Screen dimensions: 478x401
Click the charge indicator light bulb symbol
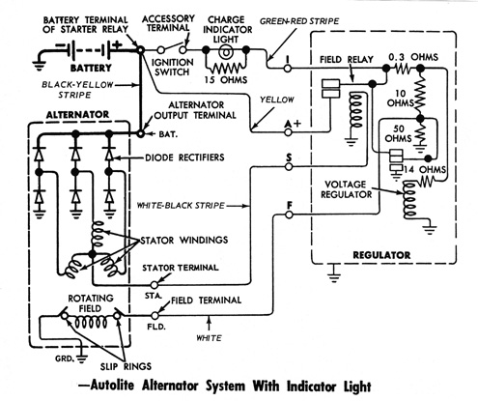point(226,50)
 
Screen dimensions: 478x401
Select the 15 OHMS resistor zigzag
point(226,69)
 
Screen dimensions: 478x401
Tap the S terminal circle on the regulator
point(289,167)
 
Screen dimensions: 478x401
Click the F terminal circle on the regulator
point(289,215)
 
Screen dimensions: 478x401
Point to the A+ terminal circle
point(289,132)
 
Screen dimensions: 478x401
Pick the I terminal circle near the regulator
point(288,69)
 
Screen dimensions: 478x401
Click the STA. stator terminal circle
point(155,285)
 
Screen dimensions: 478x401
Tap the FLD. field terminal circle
point(155,315)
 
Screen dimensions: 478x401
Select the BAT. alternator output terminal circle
point(141,133)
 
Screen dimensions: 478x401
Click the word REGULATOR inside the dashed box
point(381,255)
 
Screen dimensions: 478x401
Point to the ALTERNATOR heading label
point(77,115)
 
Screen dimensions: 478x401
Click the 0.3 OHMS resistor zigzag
point(402,69)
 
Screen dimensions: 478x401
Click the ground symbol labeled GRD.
point(82,358)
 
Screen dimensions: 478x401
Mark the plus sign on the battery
point(117,44)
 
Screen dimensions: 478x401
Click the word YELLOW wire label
point(277,100)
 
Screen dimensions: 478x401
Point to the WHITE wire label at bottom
point(210,338)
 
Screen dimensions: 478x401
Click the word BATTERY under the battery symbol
point(91,69)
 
